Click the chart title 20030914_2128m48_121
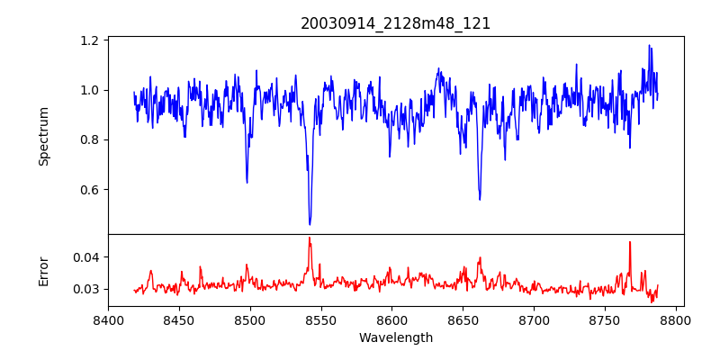point(395,23)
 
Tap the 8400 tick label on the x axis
point(108,320)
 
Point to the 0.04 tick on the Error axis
point(87,256)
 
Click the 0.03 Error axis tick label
point(87,289)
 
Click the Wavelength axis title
point(396,338)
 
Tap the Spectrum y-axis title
point(43,137)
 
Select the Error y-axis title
point(43,272)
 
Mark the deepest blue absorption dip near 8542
point(310,224)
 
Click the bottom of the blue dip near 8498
point(247,183)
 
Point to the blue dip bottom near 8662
point(480,200)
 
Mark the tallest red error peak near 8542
point(310,238)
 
